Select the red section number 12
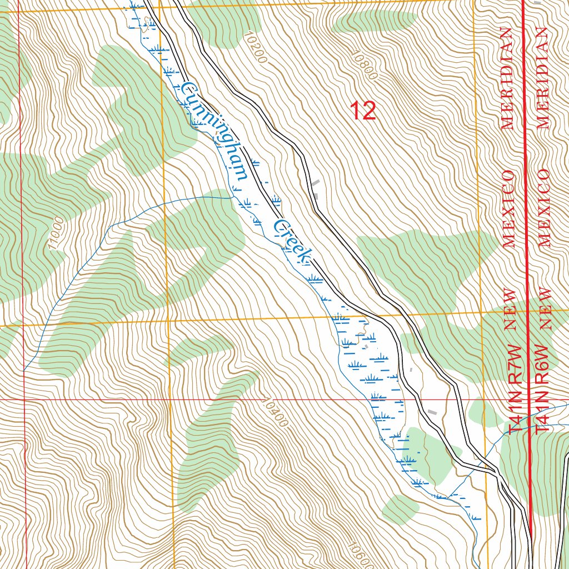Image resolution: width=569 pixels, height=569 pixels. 363,111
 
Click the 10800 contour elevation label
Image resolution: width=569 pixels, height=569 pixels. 364,66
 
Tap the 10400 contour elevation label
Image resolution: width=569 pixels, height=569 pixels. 274,411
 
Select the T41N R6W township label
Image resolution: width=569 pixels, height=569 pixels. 543,389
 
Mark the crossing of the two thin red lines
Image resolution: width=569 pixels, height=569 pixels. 23,399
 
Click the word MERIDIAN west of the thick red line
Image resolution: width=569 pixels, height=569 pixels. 506,78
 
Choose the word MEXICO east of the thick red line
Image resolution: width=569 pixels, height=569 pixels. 544,208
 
